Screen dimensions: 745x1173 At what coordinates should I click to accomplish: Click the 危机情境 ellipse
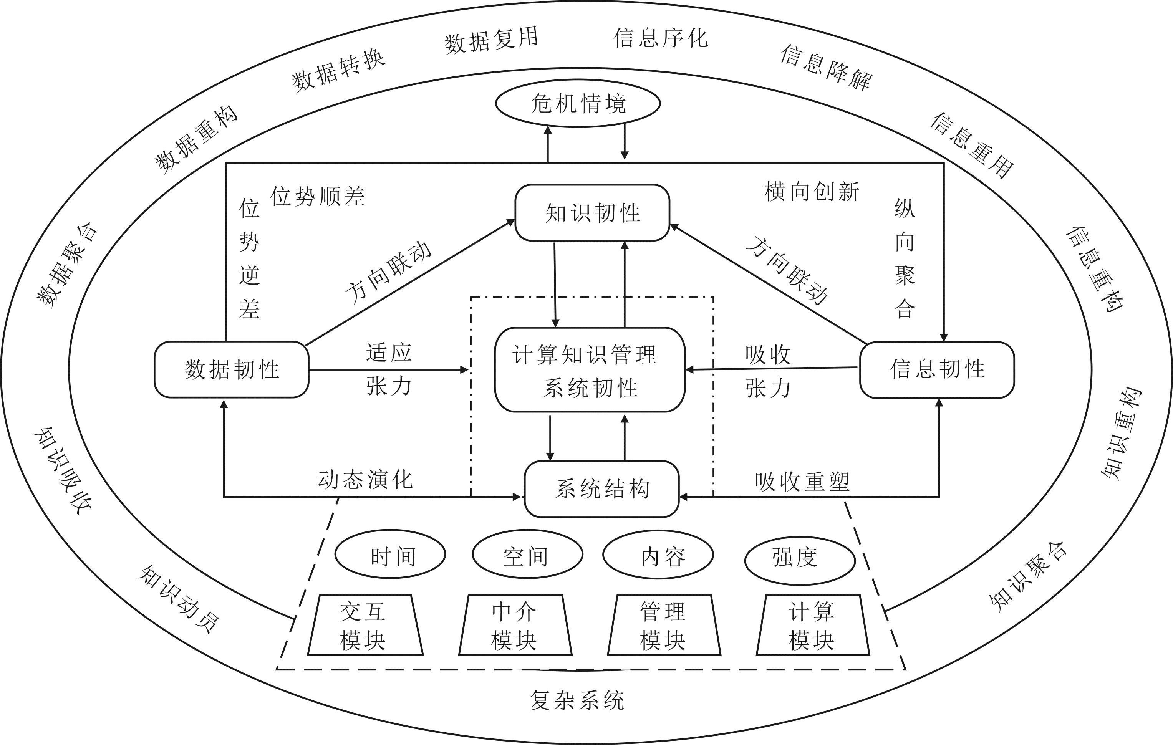pyautogui.click(x=578, y=104)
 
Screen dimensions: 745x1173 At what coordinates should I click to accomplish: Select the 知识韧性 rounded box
pyautogui.click(x=592, y=213)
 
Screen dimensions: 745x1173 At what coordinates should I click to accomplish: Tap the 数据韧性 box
pyautogui.click(x=231, y=369)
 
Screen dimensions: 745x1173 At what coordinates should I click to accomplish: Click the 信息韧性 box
pyautogui.click(x=937, y=369)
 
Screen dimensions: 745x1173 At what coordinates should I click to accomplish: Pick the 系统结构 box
pyautogui.click(x=601, y=489)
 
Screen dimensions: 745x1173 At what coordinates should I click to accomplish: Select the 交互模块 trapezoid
pyautogui.click(x=364, y=626)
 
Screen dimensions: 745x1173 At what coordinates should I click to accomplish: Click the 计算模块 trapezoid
pyautogui.click(x=812, y=626)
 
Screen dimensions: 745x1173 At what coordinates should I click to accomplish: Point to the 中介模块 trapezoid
pyautogui.click(x=515, y=626)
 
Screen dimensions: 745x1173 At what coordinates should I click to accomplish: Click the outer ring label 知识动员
pyautogui.click(x=178, y=599)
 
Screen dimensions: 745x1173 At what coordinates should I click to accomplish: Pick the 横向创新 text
pyautogui.click(x=812, y=191)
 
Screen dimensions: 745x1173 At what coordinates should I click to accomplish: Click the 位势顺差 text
pyautogui.click(x=318, y=196)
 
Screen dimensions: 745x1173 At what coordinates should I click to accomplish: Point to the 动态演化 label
pyautogui.click(x=365, y=480)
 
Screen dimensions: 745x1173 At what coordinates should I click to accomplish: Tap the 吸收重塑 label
pyautogui.click(x=802, y=482)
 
